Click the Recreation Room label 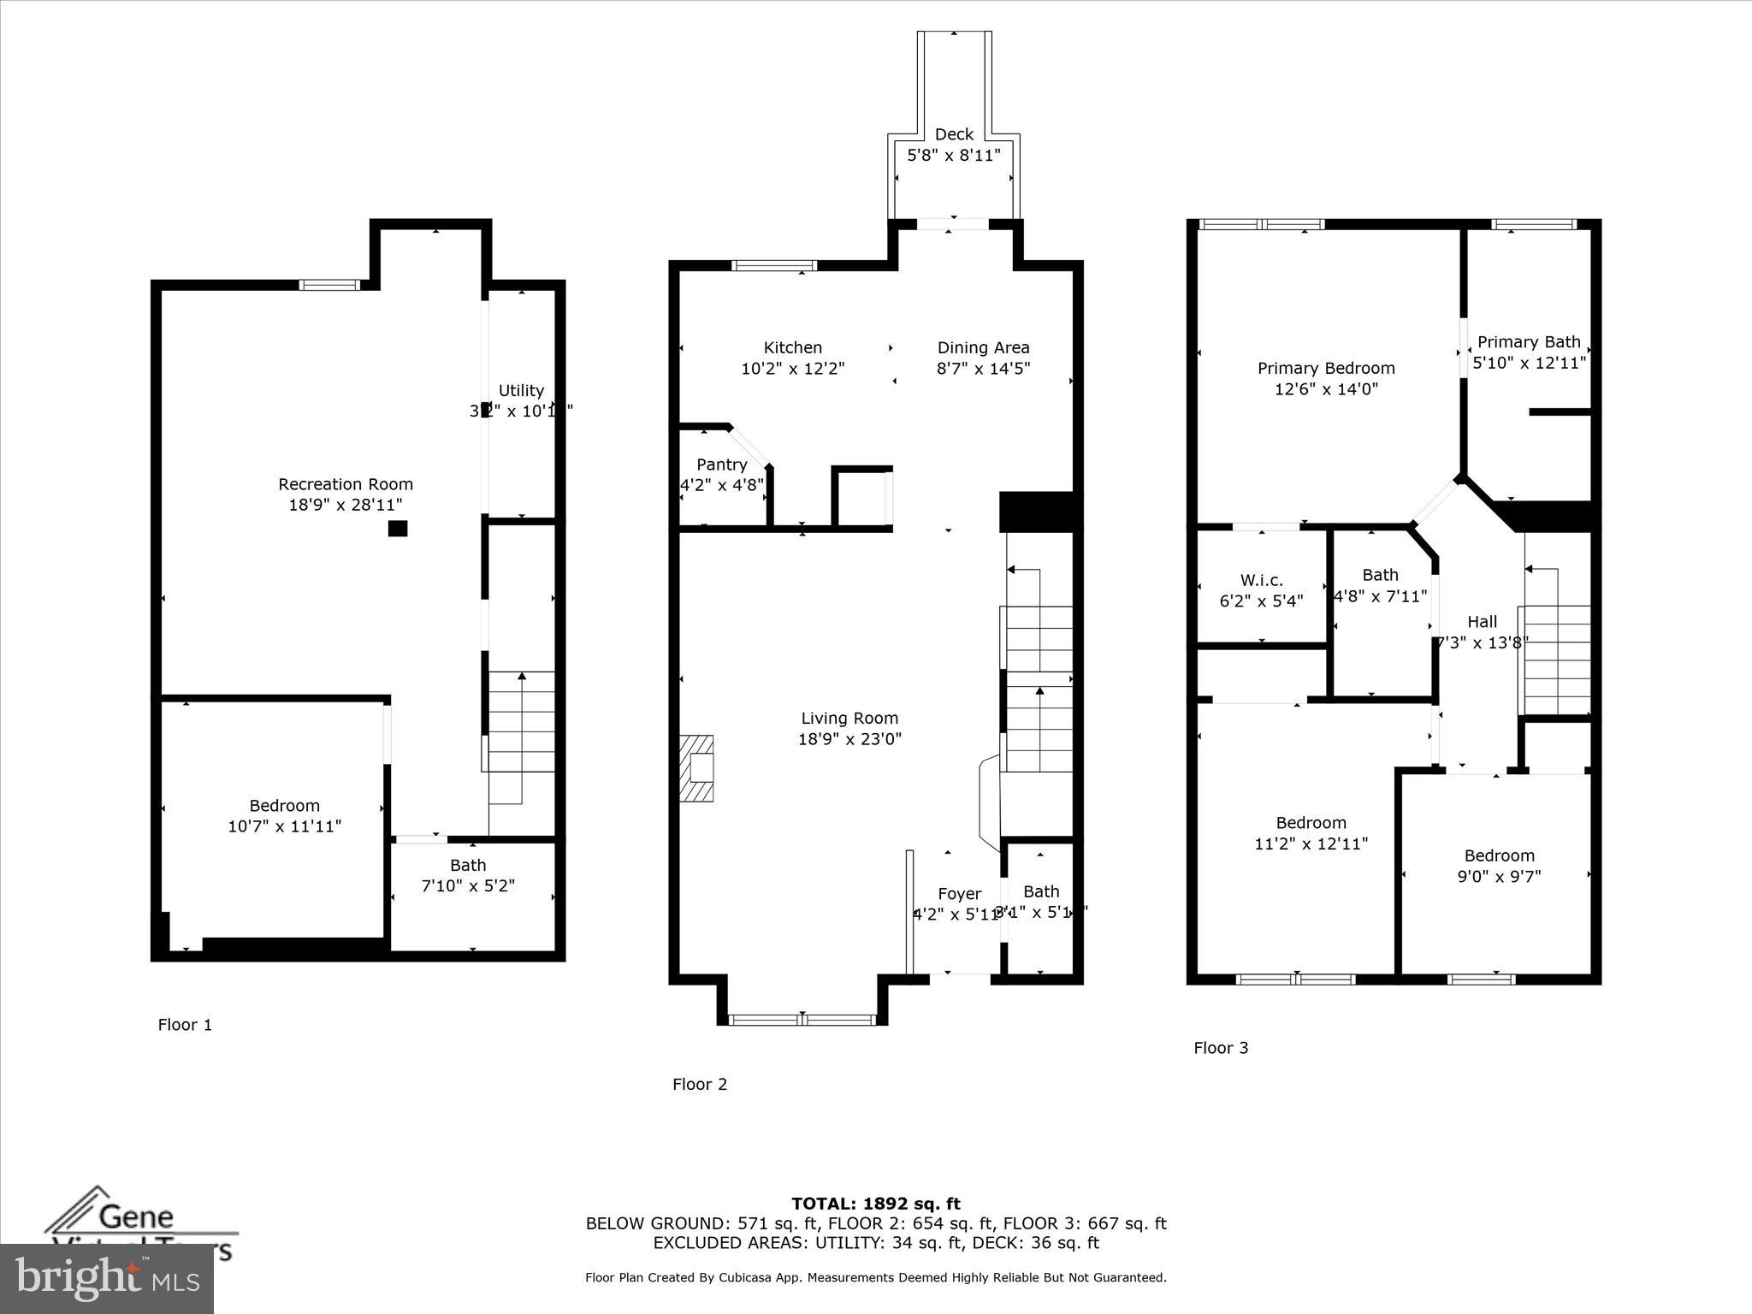[x=346, y=484]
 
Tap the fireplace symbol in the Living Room [x=697, y=768]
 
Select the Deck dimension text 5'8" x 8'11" [x=953, y=155]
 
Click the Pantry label [x=721, y=465]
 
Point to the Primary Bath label [x=1529, y=342]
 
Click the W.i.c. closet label [x=1261, y=580]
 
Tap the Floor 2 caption [x=699, y=1085]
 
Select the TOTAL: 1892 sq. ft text [x=875, y=1204]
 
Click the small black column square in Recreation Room [x=398, y=529]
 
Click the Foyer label [x=959, y=894]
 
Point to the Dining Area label [x=983, y=347]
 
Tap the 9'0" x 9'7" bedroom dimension [x=1499, y=876]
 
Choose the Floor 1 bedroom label [x=284, y=806]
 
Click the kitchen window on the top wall [x=775, y=265]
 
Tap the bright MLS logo [x=107, y=1278]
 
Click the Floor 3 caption [x=1221, y=1048]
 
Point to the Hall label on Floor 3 [x=1482, y=622]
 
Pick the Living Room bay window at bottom [x=802, y=1019]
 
